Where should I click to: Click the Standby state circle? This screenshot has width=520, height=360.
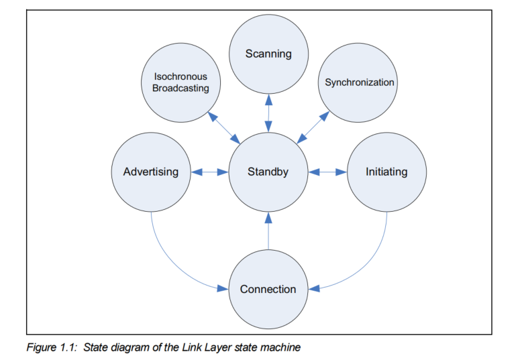coord(268,172)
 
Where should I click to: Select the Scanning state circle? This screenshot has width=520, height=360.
coord(268,54)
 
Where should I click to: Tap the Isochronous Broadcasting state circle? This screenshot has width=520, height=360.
coord(180,82)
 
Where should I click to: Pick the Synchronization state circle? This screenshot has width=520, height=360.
coord(359,82)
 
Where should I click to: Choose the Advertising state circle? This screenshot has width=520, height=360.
coord(151,172)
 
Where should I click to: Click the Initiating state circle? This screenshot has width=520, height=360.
coord(386,172)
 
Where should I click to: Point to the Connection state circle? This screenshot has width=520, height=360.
coord(268,289)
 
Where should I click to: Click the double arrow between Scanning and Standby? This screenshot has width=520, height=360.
coord(268,113)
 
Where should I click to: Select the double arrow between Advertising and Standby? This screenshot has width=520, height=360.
coord(210,172)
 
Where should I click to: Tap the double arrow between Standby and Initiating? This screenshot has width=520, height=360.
coord(327,172)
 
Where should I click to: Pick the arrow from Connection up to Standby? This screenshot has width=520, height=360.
coord(268,231)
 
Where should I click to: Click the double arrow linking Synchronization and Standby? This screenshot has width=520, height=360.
coord(313,127)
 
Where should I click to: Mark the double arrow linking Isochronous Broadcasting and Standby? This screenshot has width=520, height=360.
coord(224,127)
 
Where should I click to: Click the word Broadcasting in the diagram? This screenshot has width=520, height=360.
coord(180,88)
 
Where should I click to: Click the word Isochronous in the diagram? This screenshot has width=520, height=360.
coord(180,76)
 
